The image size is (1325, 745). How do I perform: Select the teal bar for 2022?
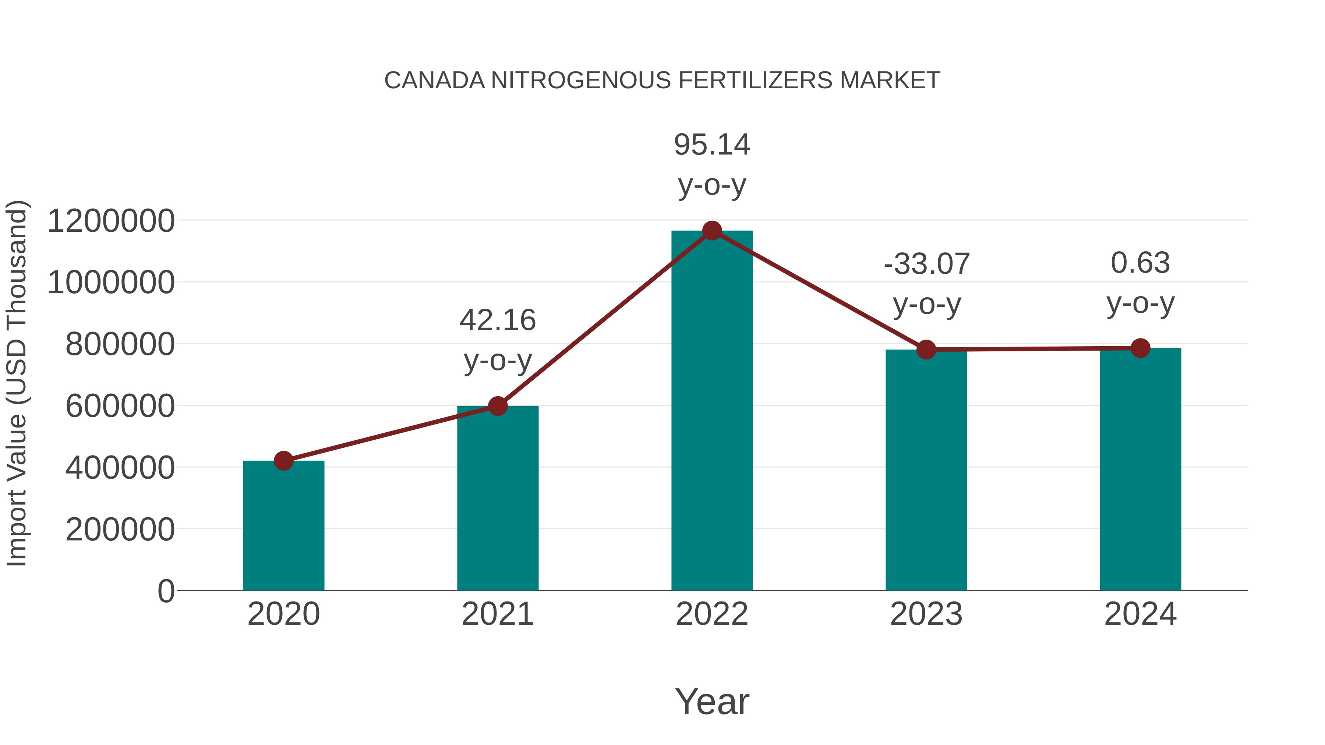[712, 411]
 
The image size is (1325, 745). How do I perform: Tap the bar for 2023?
[926, 471]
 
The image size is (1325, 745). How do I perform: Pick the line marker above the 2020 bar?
[283, 461]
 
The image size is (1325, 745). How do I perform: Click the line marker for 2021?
[497, 406]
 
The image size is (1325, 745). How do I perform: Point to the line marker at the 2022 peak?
[712, 231]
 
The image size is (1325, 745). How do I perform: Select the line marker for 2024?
[1140, 348]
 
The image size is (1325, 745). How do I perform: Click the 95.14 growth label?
[712, 145]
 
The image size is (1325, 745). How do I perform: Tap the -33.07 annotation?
[926, 264]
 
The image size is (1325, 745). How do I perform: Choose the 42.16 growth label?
[497, 320]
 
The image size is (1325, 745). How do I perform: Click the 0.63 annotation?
[1140, 263]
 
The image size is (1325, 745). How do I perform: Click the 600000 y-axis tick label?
[120, 406]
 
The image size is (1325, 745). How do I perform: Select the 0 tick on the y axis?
[166, 591]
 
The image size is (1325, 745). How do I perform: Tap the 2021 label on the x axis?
[497, 614]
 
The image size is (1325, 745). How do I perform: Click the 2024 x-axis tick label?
[1140, 614]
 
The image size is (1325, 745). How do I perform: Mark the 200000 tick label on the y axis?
[120, 529]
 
